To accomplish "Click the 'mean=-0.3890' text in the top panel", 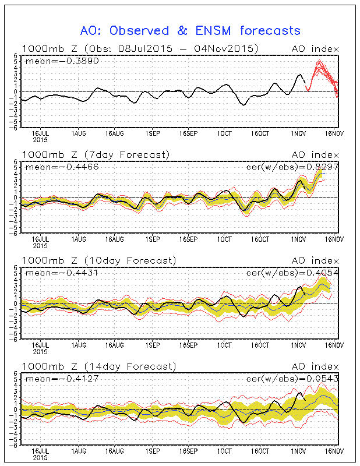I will pyautogui.click(x=53, y=60).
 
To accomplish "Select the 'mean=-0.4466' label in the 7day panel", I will pyautogui.click(x=53, y=166).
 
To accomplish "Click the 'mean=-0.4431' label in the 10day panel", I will pyautogui.click(x=53, y=272).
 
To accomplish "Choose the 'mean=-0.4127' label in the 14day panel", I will pyautogui.click(x=53, y=378).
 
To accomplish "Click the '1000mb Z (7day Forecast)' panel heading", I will pyautogui.click(x=96, y=154).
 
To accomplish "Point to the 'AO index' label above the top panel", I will pyautogui.click(x=315, y=48).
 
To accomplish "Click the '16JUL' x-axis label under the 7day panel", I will pyautogui.click(x=40, y=239).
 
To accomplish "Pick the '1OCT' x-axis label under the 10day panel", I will pyautogui.click(x=224, y=345).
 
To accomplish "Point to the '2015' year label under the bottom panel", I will pyautogui.click(x=40, y=458).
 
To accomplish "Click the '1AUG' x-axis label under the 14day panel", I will pyautogui.click(x=78, y=451).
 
